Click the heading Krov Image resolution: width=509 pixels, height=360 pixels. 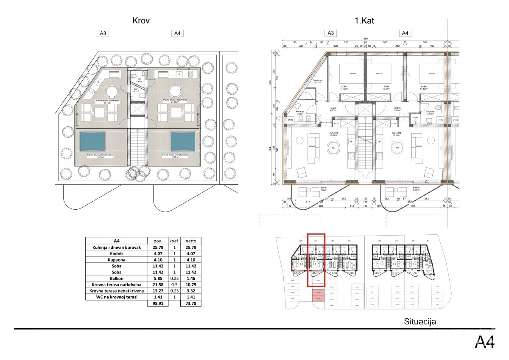click(x=141, y=20)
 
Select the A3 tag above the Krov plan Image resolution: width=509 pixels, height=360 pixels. click(x=103, y=33)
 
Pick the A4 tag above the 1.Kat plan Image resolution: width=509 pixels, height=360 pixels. click(x=405, y=33)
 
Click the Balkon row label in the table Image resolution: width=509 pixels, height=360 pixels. click(x=116, y=276)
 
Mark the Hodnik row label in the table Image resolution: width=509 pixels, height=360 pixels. click(x=116, y=254)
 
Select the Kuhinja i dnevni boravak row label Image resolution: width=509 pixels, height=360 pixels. click(x=116, y=247)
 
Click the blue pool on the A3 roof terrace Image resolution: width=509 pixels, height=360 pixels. click(x=92, y=141)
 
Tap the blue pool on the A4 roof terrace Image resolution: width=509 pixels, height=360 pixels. click(x=183, y=141)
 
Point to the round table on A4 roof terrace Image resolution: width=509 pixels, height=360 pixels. click(x=176, y=91)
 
